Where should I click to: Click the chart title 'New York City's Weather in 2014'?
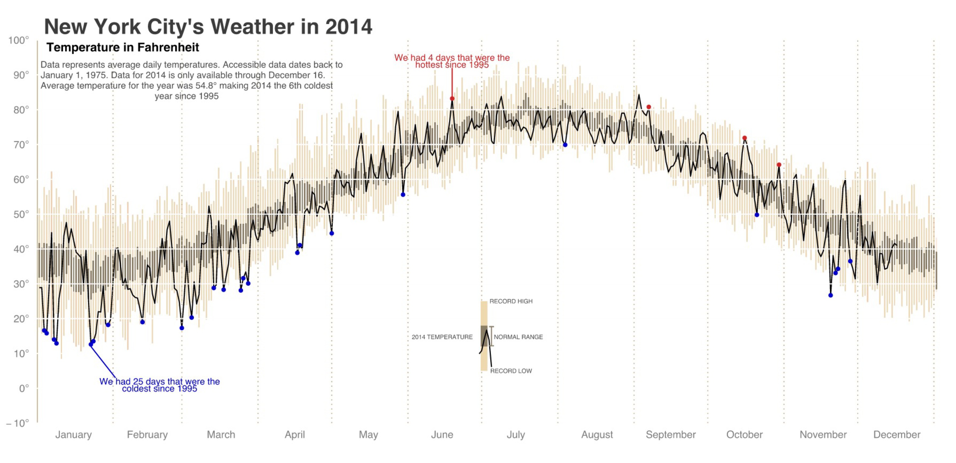pyautogui.click(x=208, y=27)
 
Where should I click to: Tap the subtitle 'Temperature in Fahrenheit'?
pyautogui.click(x=122, y=47)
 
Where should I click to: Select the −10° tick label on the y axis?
pyautogui.click(x=18, y=423)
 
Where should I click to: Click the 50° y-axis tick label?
pyautogui.click(x=21, y=214)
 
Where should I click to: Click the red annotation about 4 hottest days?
pyautogui.click(x=452, y=61)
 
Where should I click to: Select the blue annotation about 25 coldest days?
pyautogui.click(x=160, y=385)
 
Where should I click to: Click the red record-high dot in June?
pyautogui.click(x=452, y=99)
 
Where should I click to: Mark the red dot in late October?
pyautogui.click(x=779, y=165)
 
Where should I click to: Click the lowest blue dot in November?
pyautogui.click(x=830, y=295)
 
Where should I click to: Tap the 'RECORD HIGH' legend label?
pyautogui.click(x=511, y=301)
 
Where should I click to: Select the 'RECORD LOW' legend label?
pyautogui.click(x=511, y=371)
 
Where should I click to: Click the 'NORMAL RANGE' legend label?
pyautogui.click(x=518, y=337)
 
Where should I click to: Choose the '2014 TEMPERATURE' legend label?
pyautogui.click(x=442, y=337)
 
